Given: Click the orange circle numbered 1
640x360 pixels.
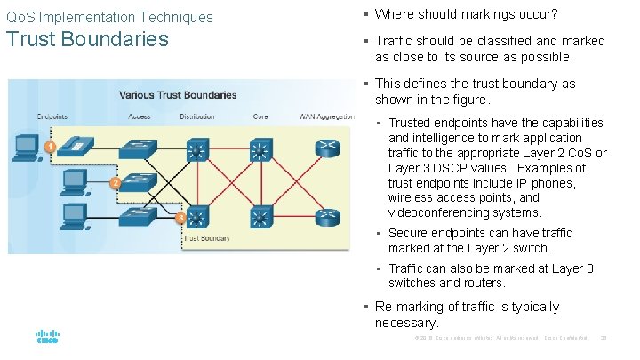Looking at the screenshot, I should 51,145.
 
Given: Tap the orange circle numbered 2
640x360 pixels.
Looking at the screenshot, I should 115,182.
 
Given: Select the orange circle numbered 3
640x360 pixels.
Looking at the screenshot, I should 180,218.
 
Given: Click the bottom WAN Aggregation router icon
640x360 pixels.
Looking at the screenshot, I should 328,215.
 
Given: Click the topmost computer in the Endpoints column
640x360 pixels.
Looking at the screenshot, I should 25,146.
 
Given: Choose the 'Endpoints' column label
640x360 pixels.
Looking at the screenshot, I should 52,116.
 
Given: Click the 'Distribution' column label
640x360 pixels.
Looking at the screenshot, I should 196,116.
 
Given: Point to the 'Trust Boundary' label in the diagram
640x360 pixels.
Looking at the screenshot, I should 206,238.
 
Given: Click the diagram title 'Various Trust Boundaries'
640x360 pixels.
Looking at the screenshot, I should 178,94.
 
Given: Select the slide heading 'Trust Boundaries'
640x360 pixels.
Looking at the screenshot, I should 87,39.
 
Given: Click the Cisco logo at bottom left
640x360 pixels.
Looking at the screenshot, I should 46,337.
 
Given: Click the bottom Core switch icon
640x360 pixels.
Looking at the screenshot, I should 260,215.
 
